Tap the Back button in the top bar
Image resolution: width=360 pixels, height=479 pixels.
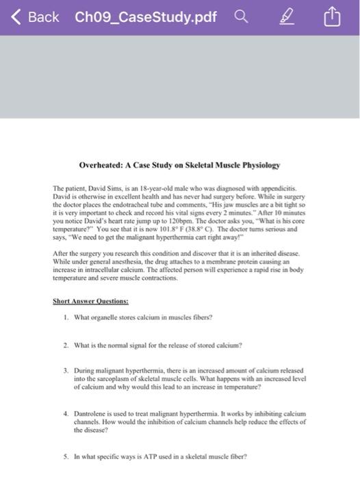34,17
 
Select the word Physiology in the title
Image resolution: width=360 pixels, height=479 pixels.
258,166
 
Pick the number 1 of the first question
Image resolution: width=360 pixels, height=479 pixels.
65,318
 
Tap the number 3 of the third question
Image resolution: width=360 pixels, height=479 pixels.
65,370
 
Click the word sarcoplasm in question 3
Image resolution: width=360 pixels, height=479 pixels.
114,378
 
